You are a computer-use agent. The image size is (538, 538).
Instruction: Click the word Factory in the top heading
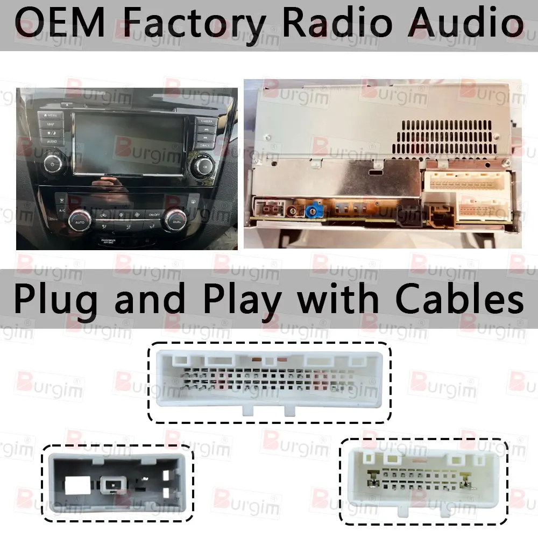pos(190,24)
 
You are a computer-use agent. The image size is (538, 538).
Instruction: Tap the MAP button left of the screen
pos(51,124)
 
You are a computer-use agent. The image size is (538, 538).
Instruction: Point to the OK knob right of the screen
pos(204,166)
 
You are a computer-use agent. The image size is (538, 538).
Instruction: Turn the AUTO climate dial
pos(79,221)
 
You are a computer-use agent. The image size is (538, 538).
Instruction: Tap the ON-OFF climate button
pos(154,215)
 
